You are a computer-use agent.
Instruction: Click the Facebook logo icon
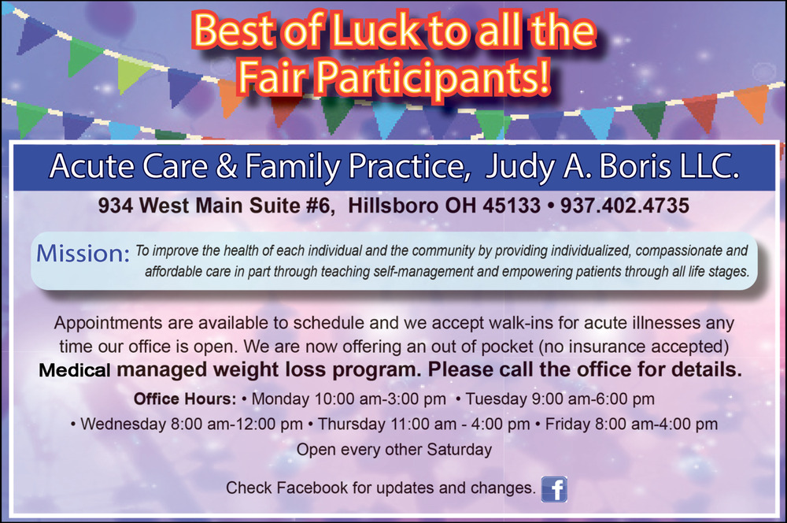point(554,489)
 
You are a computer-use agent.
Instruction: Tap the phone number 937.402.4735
point(624,206)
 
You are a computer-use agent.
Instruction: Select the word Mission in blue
point(83,254)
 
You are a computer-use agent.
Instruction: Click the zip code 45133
point(512,206)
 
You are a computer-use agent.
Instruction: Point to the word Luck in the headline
point(375,32)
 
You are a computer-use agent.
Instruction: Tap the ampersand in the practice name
point(227,166)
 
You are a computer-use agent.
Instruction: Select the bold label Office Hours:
point(185,399)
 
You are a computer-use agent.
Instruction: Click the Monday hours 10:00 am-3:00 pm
point(380,399)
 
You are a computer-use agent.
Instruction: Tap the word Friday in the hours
point(567,424)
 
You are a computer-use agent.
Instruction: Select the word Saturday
point(459,449)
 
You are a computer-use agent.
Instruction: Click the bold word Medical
point(75,370)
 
